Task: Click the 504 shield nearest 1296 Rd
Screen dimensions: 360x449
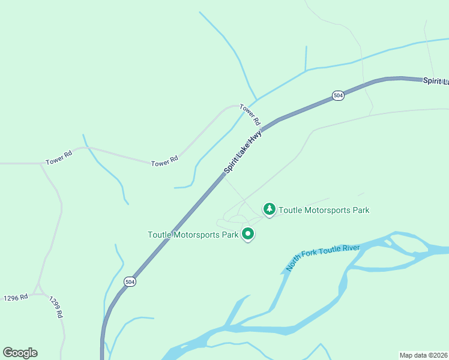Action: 130,281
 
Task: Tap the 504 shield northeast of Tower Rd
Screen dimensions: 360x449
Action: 339,95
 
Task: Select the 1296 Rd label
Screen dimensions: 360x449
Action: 16,298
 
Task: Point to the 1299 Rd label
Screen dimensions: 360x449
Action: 56,307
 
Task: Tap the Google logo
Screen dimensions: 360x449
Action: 20,353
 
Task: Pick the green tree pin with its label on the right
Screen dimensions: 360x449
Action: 270,209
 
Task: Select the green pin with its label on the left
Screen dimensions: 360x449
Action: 248,235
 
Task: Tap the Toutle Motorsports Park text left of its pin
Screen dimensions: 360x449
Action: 193,235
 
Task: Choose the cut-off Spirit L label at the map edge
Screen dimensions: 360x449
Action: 435,81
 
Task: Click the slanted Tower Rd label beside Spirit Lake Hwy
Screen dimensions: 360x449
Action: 250,114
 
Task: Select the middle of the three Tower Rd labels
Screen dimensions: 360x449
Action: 164,162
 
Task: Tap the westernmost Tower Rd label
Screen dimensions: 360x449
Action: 59,158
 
